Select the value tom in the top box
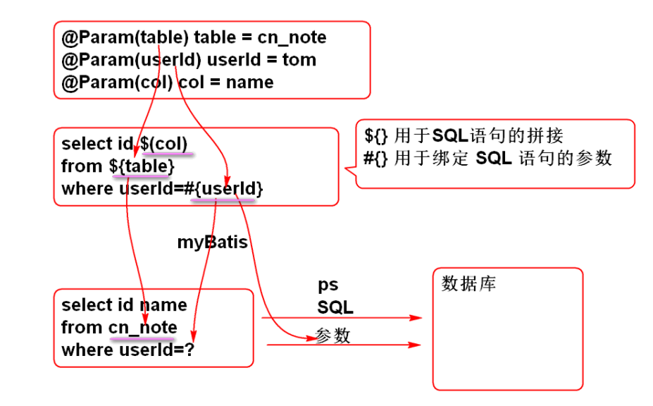(299, 60)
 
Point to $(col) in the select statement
(163, 144)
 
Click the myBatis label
(212, 242)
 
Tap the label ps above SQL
(328, 285)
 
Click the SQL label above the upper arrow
(335, 307)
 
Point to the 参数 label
(332, 336)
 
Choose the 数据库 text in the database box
(468, 284)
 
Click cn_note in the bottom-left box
(142, 328)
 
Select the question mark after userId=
(188, 350)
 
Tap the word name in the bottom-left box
(163, 305)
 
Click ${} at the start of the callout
(376, 135)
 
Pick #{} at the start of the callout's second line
(376, 158)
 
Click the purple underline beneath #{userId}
(224, 200)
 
